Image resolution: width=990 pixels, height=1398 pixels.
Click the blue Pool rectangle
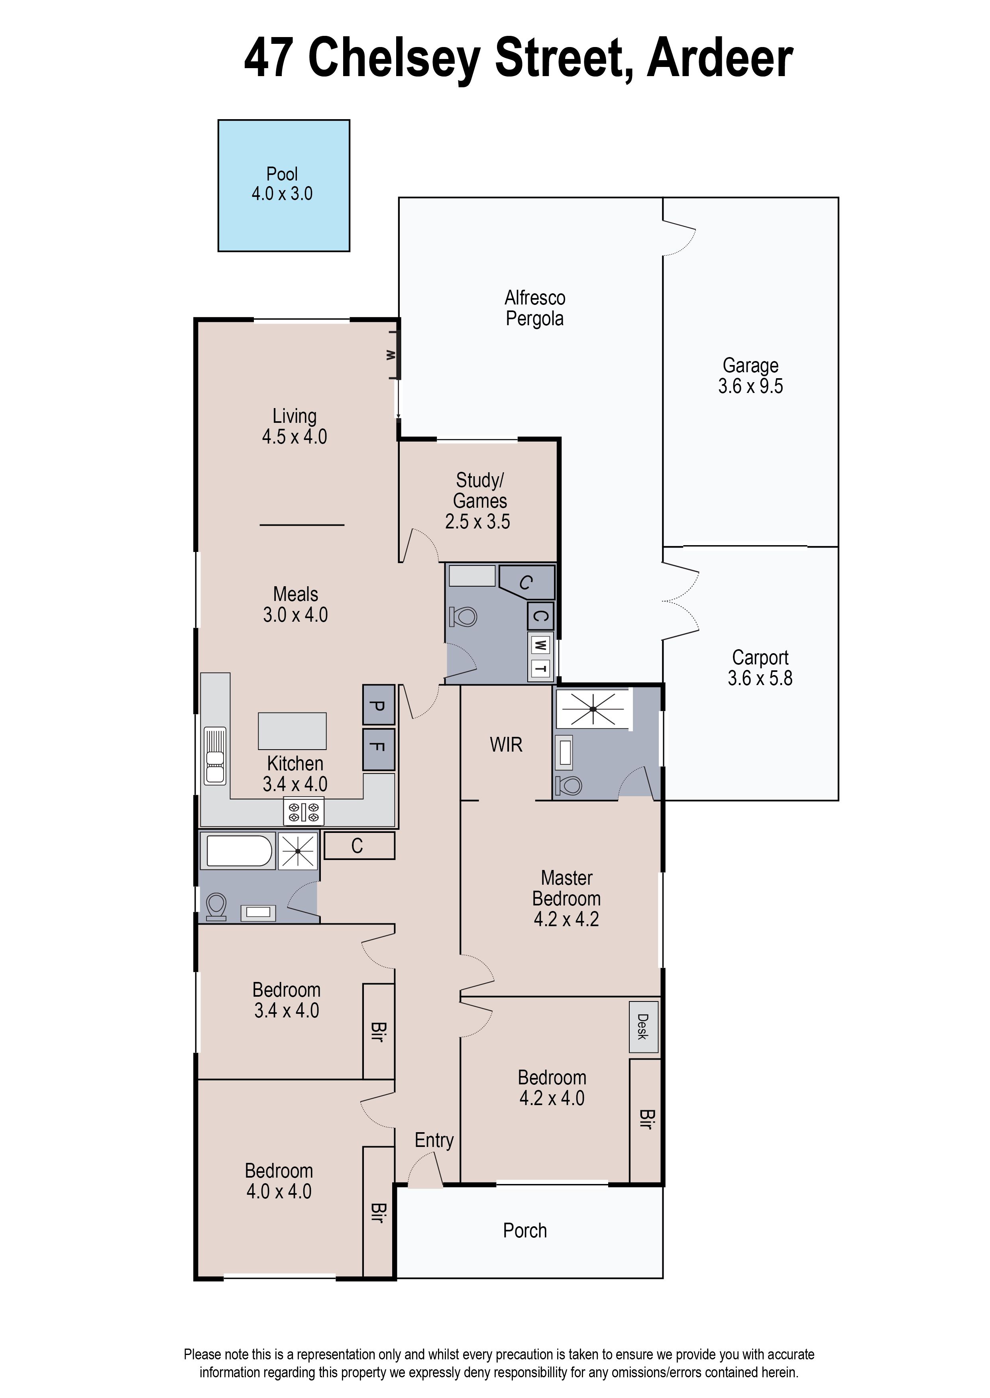pyautogui.click(x=283, y=185)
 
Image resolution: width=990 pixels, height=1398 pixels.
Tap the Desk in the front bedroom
pyautogui.click(x=644, y=1027)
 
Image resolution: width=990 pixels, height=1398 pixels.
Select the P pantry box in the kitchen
pyautogui.click(x=379, y=705)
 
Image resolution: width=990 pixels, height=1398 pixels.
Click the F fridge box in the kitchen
pyautogui.click(x=379, y=749)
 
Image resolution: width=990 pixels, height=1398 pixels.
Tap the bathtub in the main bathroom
pyautogui.click(x=240, y=850)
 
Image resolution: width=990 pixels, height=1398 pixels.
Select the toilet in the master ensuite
pyautogui.click(x=570, y=785)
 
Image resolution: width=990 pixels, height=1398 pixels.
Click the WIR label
pyautogui.click(x=506, y=744)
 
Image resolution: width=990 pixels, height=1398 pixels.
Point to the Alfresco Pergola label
pyautogui.click(x=534, y=308)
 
